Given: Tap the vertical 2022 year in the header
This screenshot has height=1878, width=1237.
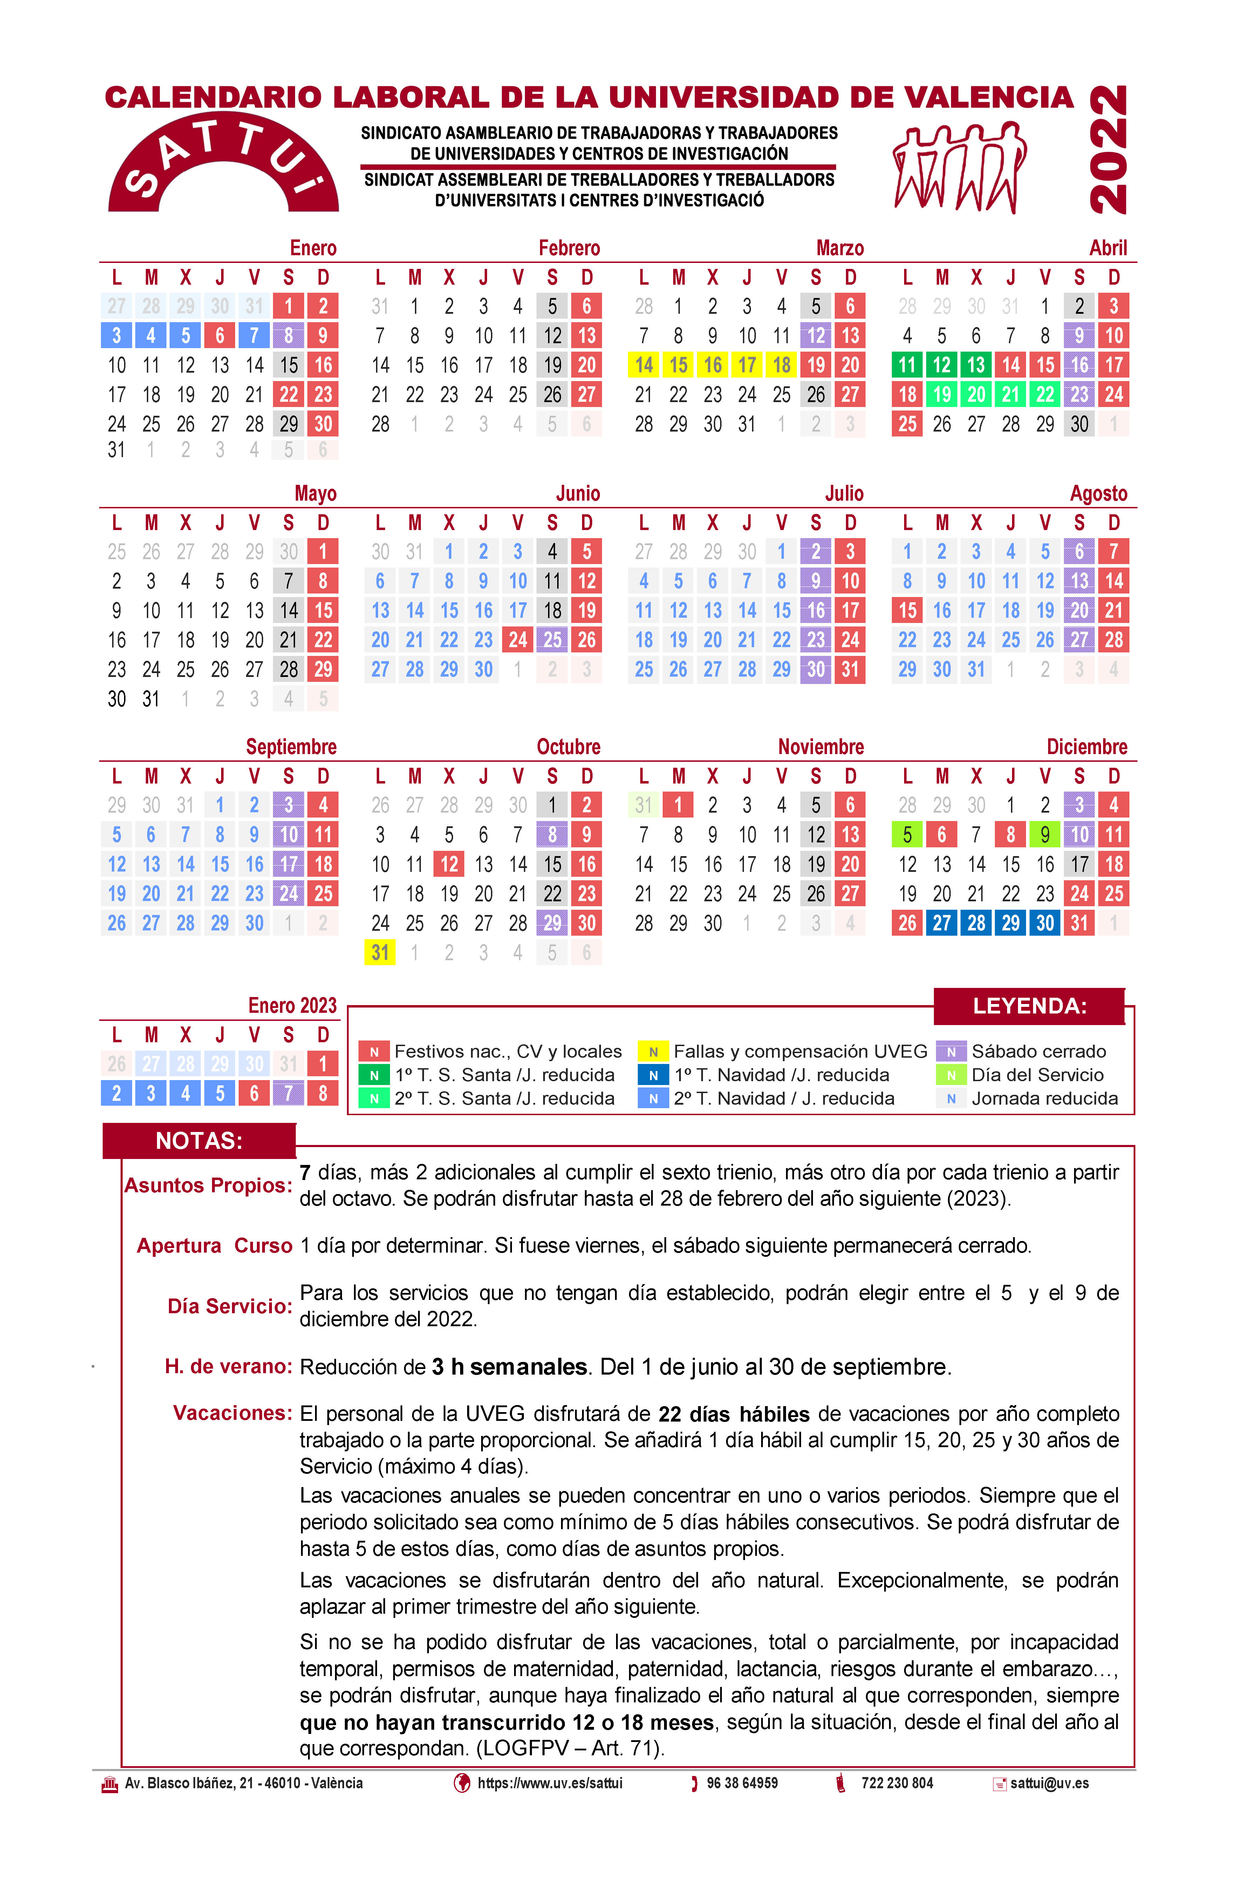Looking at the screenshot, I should [1108, 150].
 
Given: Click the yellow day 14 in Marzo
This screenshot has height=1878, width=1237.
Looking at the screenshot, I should [644, 365].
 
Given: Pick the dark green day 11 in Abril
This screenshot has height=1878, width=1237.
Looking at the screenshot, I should [907, 365].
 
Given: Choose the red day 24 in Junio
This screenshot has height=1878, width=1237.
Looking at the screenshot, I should [518, 640].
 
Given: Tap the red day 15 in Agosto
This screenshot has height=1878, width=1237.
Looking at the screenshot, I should [907, 611].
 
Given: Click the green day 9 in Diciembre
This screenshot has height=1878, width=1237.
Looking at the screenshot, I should [1045, 835].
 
